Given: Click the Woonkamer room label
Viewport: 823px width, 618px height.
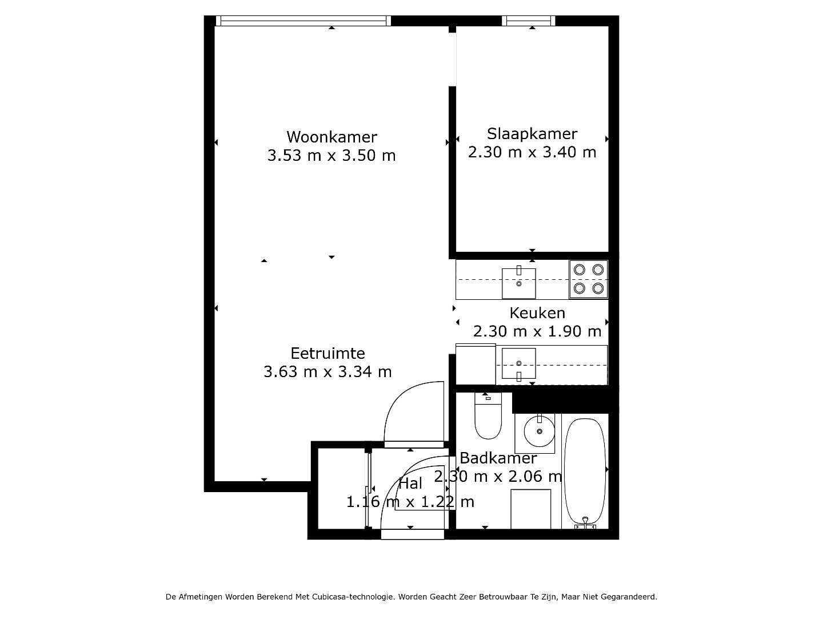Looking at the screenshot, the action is pyautogui.click(x=331, y=137).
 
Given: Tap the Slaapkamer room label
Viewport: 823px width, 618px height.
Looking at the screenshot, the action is pyautogui.click(x=532, y=134).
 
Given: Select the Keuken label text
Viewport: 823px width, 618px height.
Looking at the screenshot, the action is pyautogui.click(x=537, y=313).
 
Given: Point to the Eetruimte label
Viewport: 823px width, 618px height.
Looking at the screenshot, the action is pyautogui.click(x=327, y=354).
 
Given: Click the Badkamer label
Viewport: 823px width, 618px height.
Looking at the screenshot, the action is pyautogui.click(x=498, y=458).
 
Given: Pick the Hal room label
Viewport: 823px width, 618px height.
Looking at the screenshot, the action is pyautogui.click(x=410, y=484).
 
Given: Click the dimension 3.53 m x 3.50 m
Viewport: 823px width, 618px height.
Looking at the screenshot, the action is pyautogui.click(x=331, y=155).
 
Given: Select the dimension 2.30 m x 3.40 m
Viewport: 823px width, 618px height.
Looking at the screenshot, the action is pyautogui.click(x=532, y=152).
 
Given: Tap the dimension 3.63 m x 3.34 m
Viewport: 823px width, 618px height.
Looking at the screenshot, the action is pyautogui.click(x=327, y=372).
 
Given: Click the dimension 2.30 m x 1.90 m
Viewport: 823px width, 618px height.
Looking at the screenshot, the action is pyautogui.click(x=537, y=331).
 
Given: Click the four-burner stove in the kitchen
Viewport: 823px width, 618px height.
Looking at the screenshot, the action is pyautogui.click(x=588, y=279).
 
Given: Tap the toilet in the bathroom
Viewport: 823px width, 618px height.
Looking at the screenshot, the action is pyautogui.click(x=488, y=416).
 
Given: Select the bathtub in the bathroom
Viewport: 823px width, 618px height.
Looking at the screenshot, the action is pyautogui.click(x=585, y=473).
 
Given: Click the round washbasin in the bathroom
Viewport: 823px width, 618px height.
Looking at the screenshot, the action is pyautogui.click(x=539, y=431).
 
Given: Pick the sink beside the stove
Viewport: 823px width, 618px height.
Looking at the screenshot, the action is pyautogui.click(x=518, y=283).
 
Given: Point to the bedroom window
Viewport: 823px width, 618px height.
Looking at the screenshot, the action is pyautogui.click(x=528, y=21).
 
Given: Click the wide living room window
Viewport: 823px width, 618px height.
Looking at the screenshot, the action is pyautogui.click(x=303, y=21).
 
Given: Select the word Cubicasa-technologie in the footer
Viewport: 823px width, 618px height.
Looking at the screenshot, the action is pyautogui.click(x=354, y=597).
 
